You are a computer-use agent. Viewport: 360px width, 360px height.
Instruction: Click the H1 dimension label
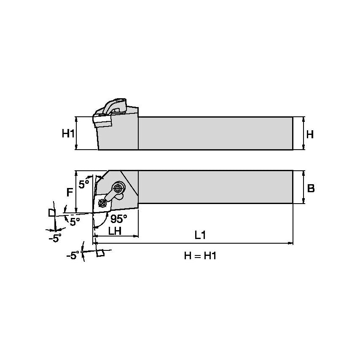pos(68,134)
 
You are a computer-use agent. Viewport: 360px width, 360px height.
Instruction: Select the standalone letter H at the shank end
pos(310,134)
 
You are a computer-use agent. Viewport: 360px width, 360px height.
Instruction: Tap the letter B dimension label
pos(311,188)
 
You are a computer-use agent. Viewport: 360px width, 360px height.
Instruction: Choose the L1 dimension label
pos(200,236)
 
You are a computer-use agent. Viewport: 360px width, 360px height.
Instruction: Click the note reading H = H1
pos(200,255)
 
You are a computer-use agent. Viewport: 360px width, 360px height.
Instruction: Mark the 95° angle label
pos(118,219)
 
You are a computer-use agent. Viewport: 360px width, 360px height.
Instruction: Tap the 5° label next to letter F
pos(84,184)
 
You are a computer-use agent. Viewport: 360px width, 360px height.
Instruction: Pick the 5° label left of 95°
pos(75,222)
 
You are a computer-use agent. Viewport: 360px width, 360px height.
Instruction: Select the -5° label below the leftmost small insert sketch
pos(54,238)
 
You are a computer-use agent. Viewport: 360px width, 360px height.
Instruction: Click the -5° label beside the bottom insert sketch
pos(73,255)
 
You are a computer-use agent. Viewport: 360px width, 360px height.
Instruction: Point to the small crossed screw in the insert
pos(102,204)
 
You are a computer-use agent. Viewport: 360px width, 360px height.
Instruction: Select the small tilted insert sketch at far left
pos(52,212)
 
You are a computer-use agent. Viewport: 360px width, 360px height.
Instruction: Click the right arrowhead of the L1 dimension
pos(290,243)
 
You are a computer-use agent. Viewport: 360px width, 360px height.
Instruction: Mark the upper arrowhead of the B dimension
pos(304,173)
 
